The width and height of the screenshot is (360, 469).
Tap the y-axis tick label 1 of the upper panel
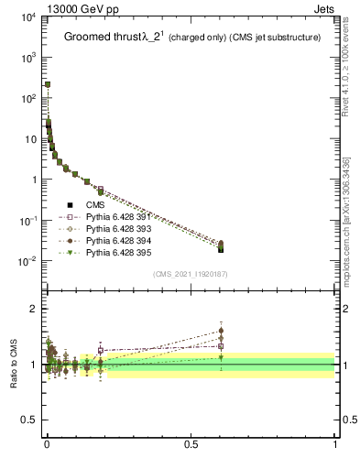click(33, 180)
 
